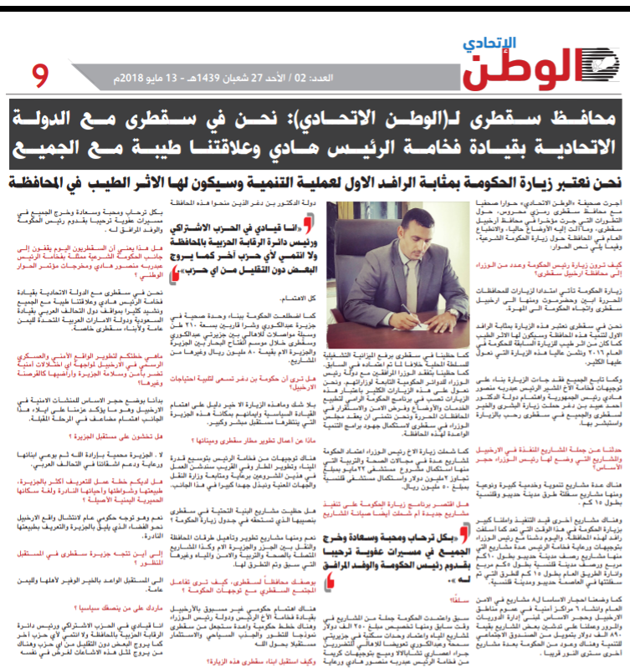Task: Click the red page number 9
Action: click(40, 77)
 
